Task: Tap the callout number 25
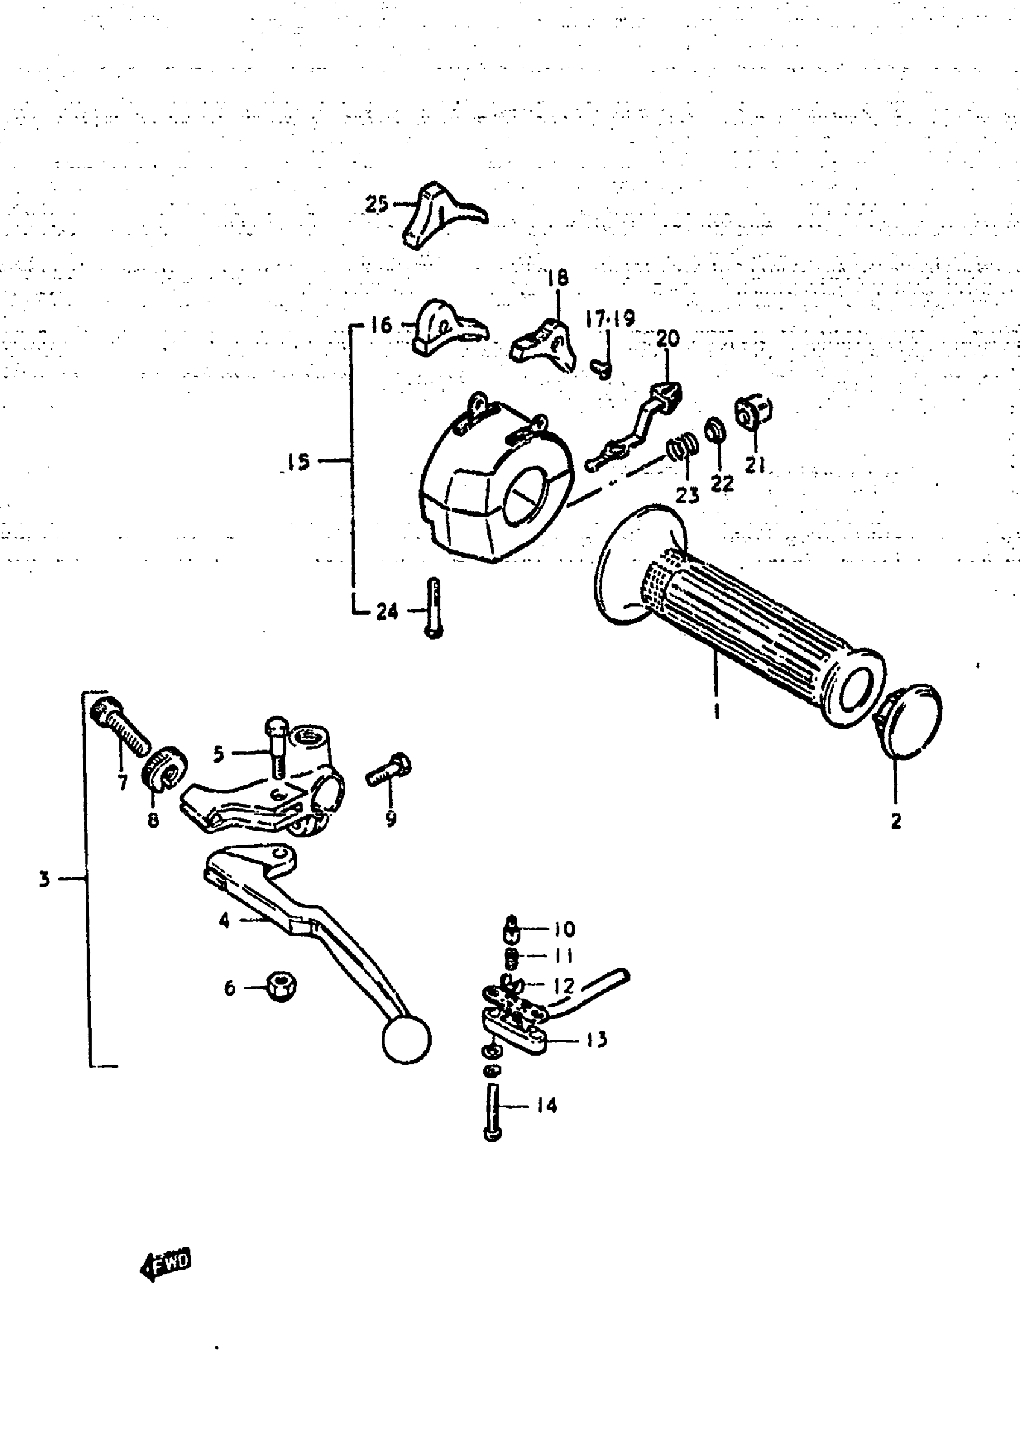tap(377, 204)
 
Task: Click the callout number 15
tap(298, 462)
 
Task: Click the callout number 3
tap(43, 878)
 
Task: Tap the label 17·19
tap(609, 319)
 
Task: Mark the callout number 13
tap(595, 1039)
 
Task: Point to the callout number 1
tap(716, 713)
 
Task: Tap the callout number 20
tap(668, 339)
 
